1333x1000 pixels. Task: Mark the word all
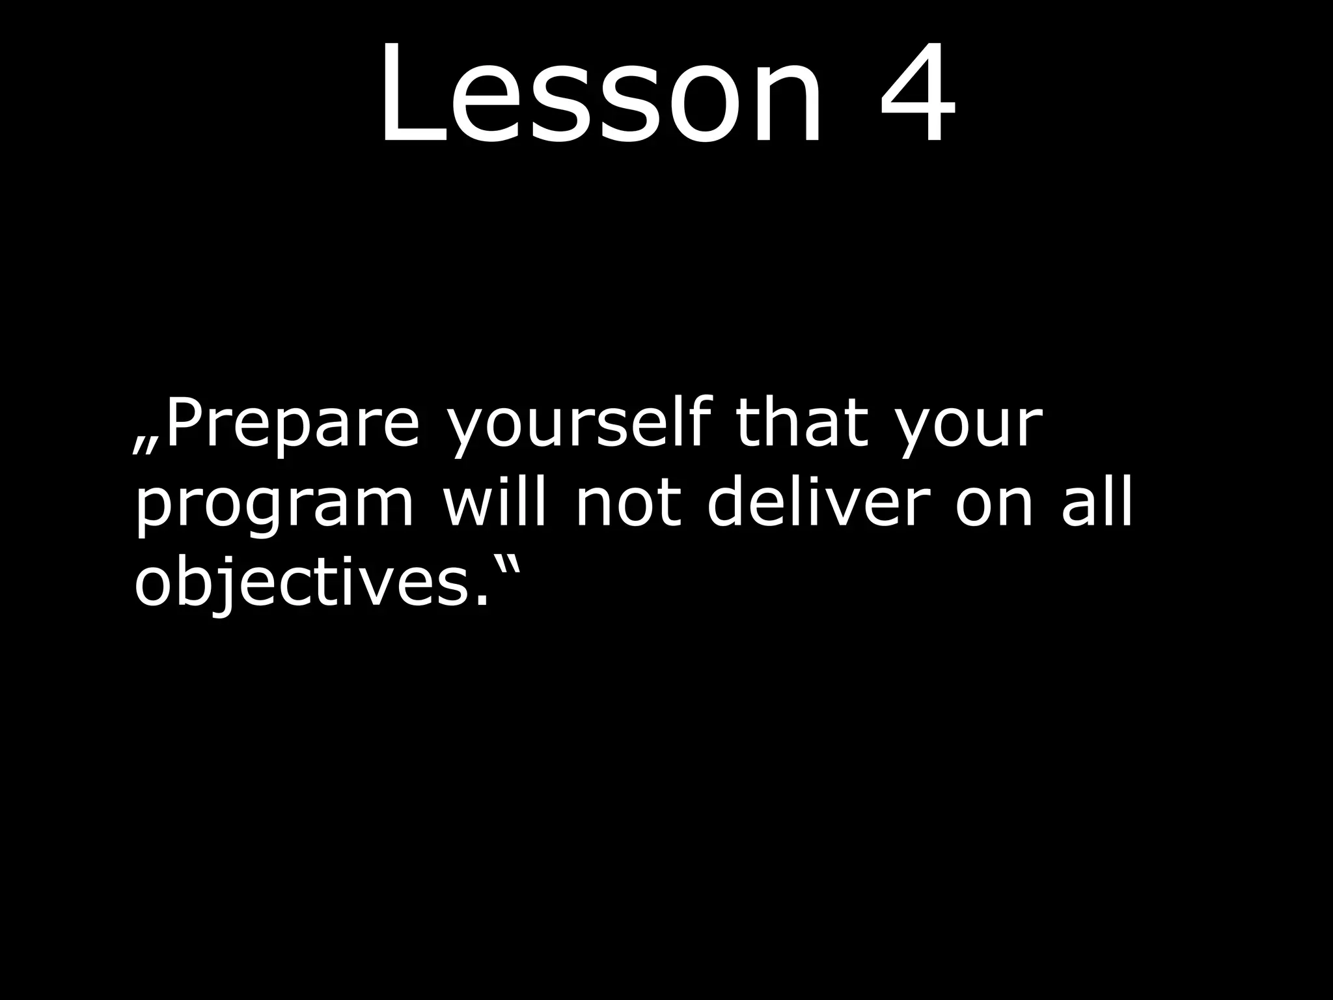(1097, 501)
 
